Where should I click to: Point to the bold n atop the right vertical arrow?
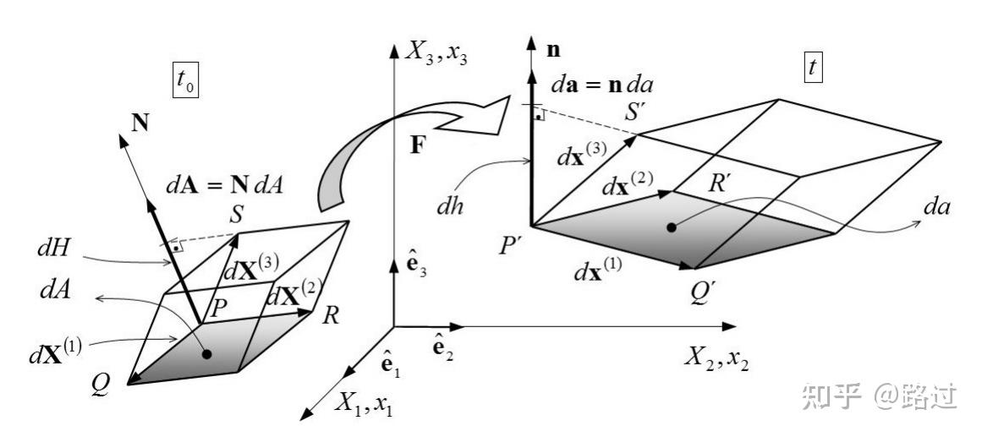point(554,50)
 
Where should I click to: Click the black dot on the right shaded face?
point(671,227)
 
